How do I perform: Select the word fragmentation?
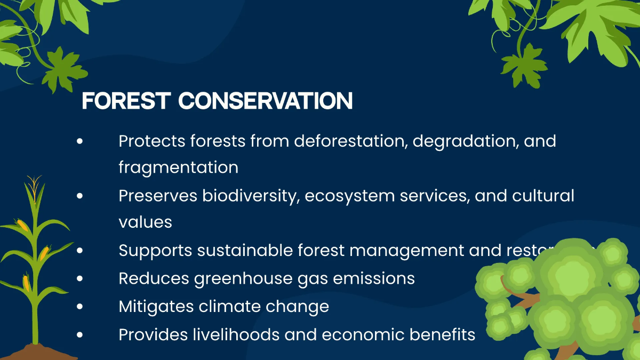pyautogui.click(x=178, y=167)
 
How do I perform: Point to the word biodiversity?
pyautogui.click(x=245, y=196)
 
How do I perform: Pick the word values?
pyautogui.click(x=145, y=222)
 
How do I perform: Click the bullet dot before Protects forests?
pyautogui.click(x=80, y=142)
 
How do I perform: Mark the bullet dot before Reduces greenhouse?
pyautogui.click(x=80, y=278)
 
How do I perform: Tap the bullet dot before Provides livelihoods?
pyautogui.click(x=80, y=335)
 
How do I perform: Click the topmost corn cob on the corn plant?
pyautogui.click(x=23, y=226)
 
